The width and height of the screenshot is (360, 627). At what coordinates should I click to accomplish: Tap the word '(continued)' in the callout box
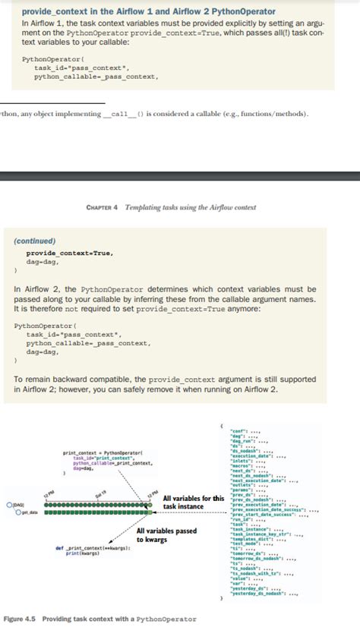point(36,241)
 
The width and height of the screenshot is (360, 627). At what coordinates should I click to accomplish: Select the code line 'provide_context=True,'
point(70,253)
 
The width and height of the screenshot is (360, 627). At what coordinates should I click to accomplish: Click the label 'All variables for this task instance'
point(193,503)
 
